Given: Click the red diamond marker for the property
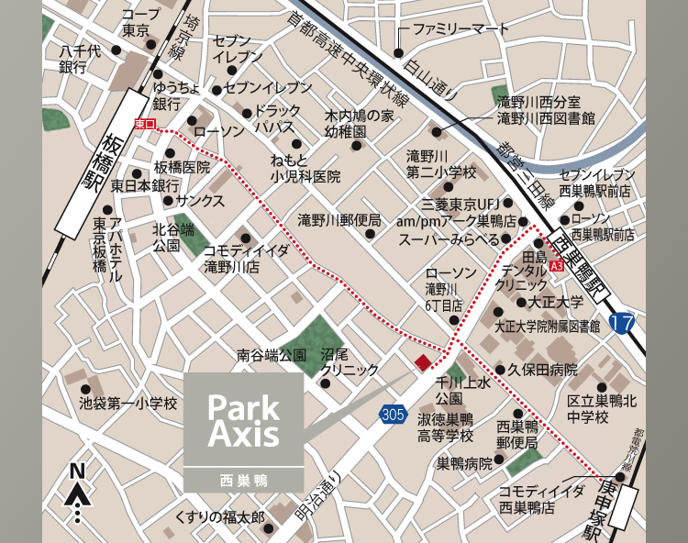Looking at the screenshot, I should pos(421,362).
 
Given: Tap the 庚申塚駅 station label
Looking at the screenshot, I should pos(605,502).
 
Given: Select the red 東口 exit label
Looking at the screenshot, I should pos(145,124).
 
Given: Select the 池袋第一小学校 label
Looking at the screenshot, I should pos(128,402).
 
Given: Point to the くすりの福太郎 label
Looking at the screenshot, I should pos(219,518).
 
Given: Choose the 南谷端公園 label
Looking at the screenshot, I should pos(272,354).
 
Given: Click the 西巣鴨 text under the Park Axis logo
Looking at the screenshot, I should pos(243,479).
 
